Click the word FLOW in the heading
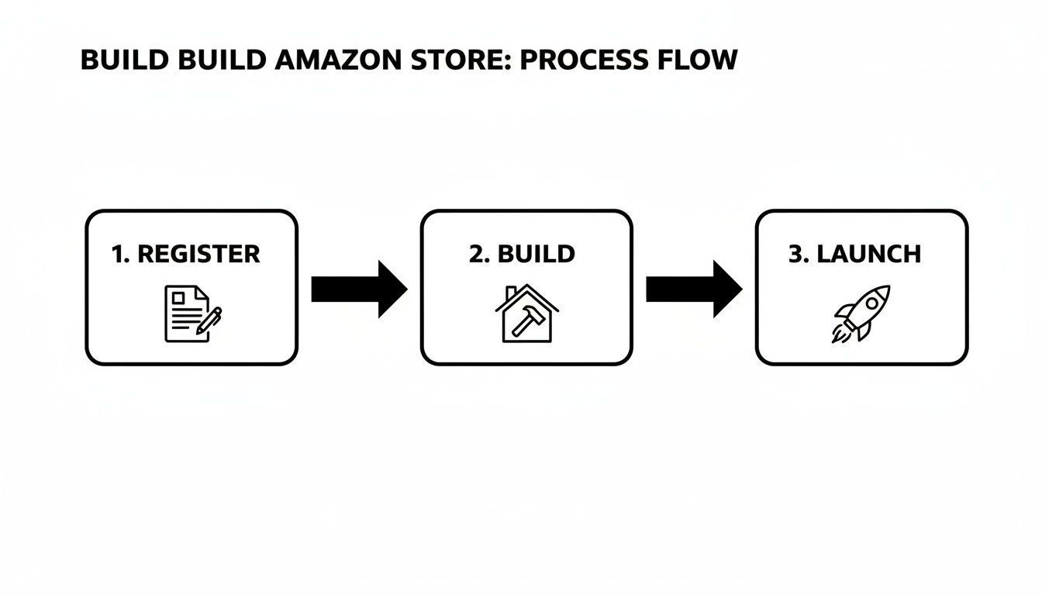pos(699,61)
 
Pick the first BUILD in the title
pos(125,61)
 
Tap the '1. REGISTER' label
pos(186,254)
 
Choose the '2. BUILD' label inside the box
pos(522,254)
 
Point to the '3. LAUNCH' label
pos(854,254)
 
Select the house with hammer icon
pos(525,314)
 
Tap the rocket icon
pos(861,314)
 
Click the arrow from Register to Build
pos(358,289)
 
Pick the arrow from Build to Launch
pos(693,289)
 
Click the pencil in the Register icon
pos(209,321)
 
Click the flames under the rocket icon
pos(840,334)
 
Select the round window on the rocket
pos(871,303)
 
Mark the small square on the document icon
pos(178,297)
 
